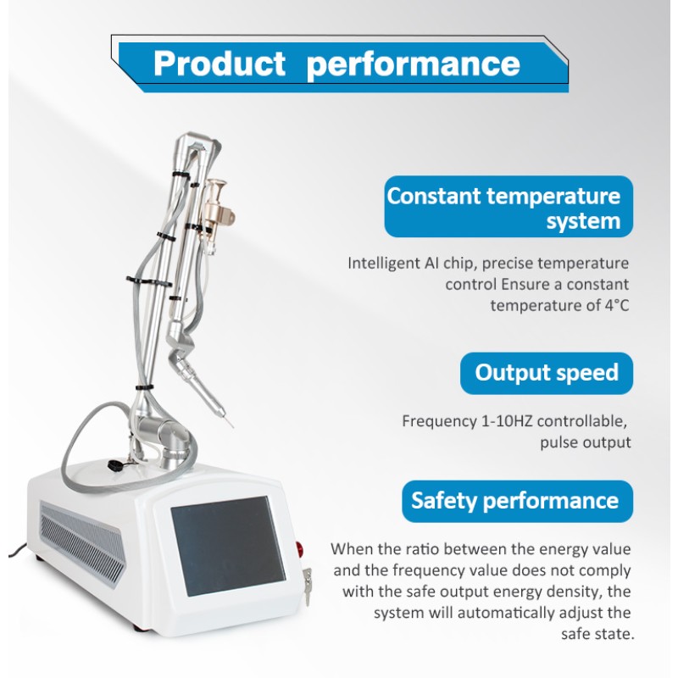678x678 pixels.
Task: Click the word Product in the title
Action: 220,64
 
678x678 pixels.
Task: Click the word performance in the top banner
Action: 414,64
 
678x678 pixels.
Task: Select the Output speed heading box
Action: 547,373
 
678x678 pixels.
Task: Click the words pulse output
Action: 586,442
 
